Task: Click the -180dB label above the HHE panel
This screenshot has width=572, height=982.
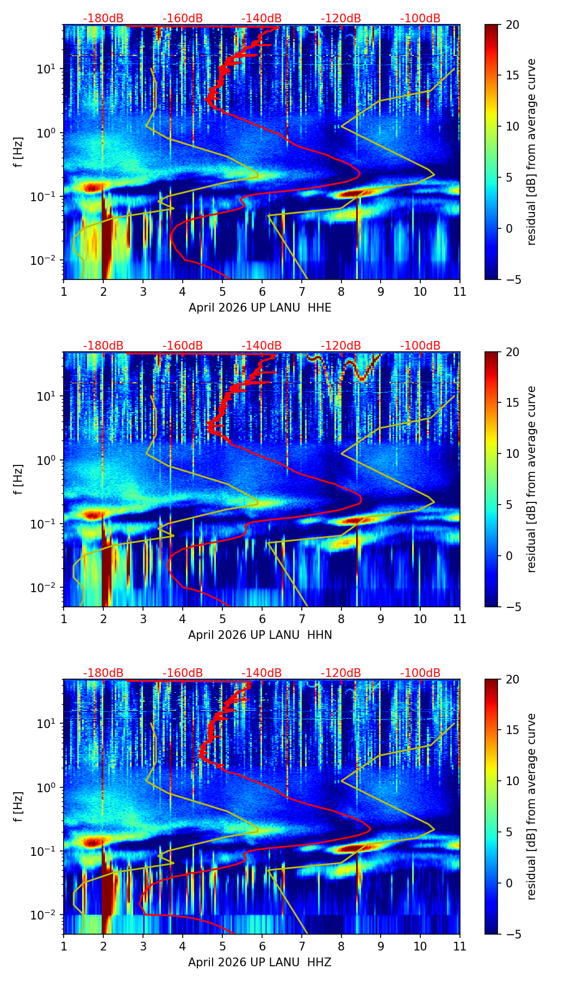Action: (103, 18)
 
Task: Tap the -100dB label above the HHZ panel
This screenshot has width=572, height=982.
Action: (420, 673)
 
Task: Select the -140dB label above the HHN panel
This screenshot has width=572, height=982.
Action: (262, 346)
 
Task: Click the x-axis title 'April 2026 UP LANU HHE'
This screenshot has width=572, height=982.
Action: (260, 308)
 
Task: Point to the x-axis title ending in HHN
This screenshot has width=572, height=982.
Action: (260, 635)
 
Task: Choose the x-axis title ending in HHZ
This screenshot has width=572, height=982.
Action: (260, 962)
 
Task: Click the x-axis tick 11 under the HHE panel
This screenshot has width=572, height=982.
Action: (460, 291)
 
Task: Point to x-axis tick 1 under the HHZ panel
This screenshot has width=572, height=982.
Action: (64, 946)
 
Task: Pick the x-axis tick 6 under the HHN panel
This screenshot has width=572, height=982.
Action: (262, 619)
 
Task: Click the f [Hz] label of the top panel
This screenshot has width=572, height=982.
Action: (19, 152)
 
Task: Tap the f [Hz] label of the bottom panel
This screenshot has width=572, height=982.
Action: (19, 807)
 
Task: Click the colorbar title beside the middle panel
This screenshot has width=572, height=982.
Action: (531, 479)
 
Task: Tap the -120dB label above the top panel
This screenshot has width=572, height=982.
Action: (341, 18)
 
